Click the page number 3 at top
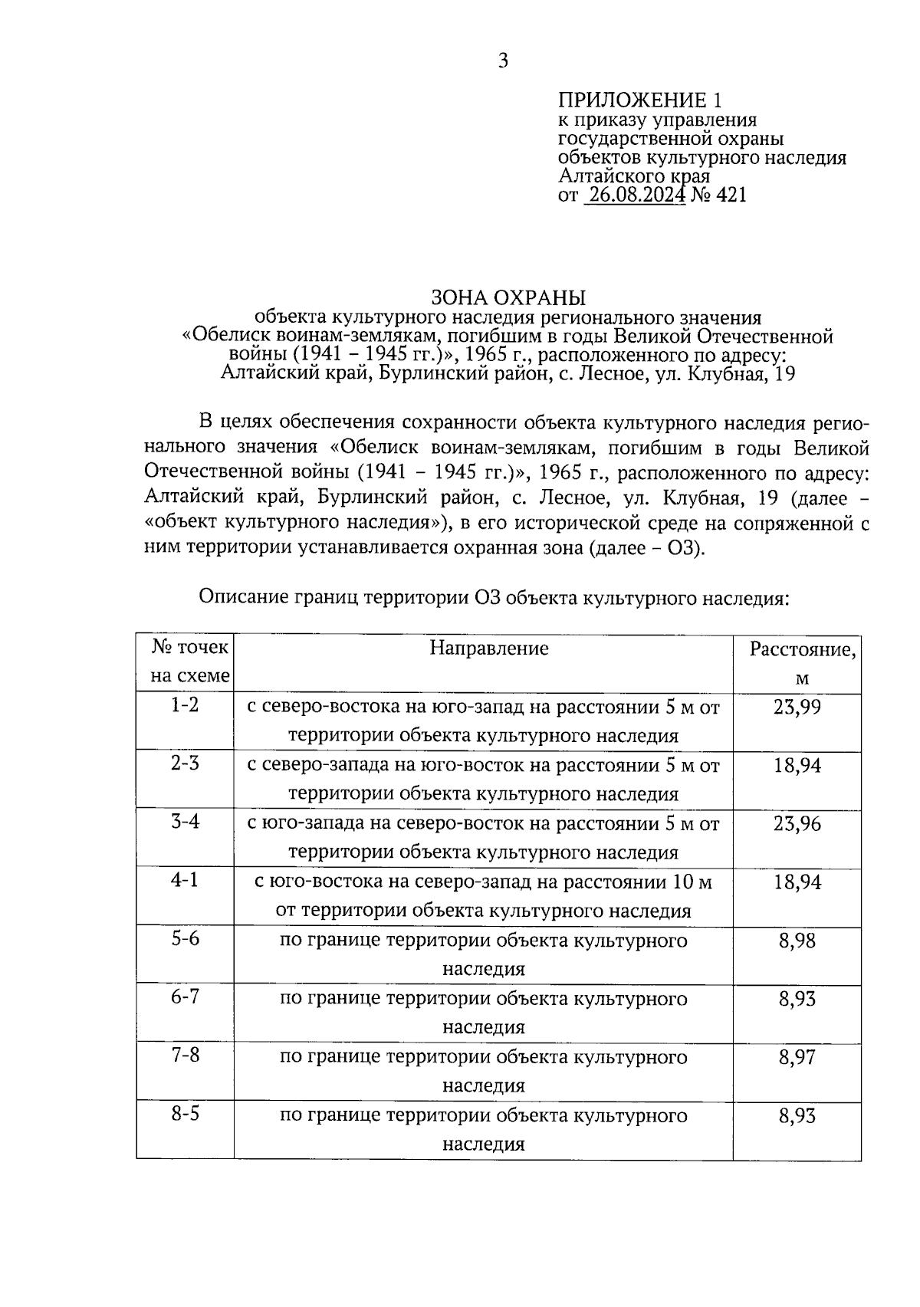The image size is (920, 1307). [x=503, y=61]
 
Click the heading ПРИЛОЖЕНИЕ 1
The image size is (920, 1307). [x=639, y=100]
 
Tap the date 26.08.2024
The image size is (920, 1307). [x=634, y=195]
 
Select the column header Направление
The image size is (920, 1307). [x=488, y=649]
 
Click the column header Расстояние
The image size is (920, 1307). [x=802, y=650]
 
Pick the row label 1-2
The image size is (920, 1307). [x=185, y=704]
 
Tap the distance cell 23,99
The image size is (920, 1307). [x=797, y=707]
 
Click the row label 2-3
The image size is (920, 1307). [x=185, y=764]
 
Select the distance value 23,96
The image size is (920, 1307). [x=797, y=824]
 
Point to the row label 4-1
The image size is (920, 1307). [x=185, y=880]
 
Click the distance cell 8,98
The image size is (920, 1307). [x=797, y=941]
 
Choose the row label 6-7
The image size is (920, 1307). [x=185, y=997]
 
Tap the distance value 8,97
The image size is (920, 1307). [x=797, y=1058]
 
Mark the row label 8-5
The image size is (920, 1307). [x=185, y=1114]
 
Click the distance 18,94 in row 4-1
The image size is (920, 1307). [x=797, y=882]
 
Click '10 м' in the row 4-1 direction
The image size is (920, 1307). [x=692, y=883]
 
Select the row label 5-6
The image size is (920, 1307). [x=185, y=938]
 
